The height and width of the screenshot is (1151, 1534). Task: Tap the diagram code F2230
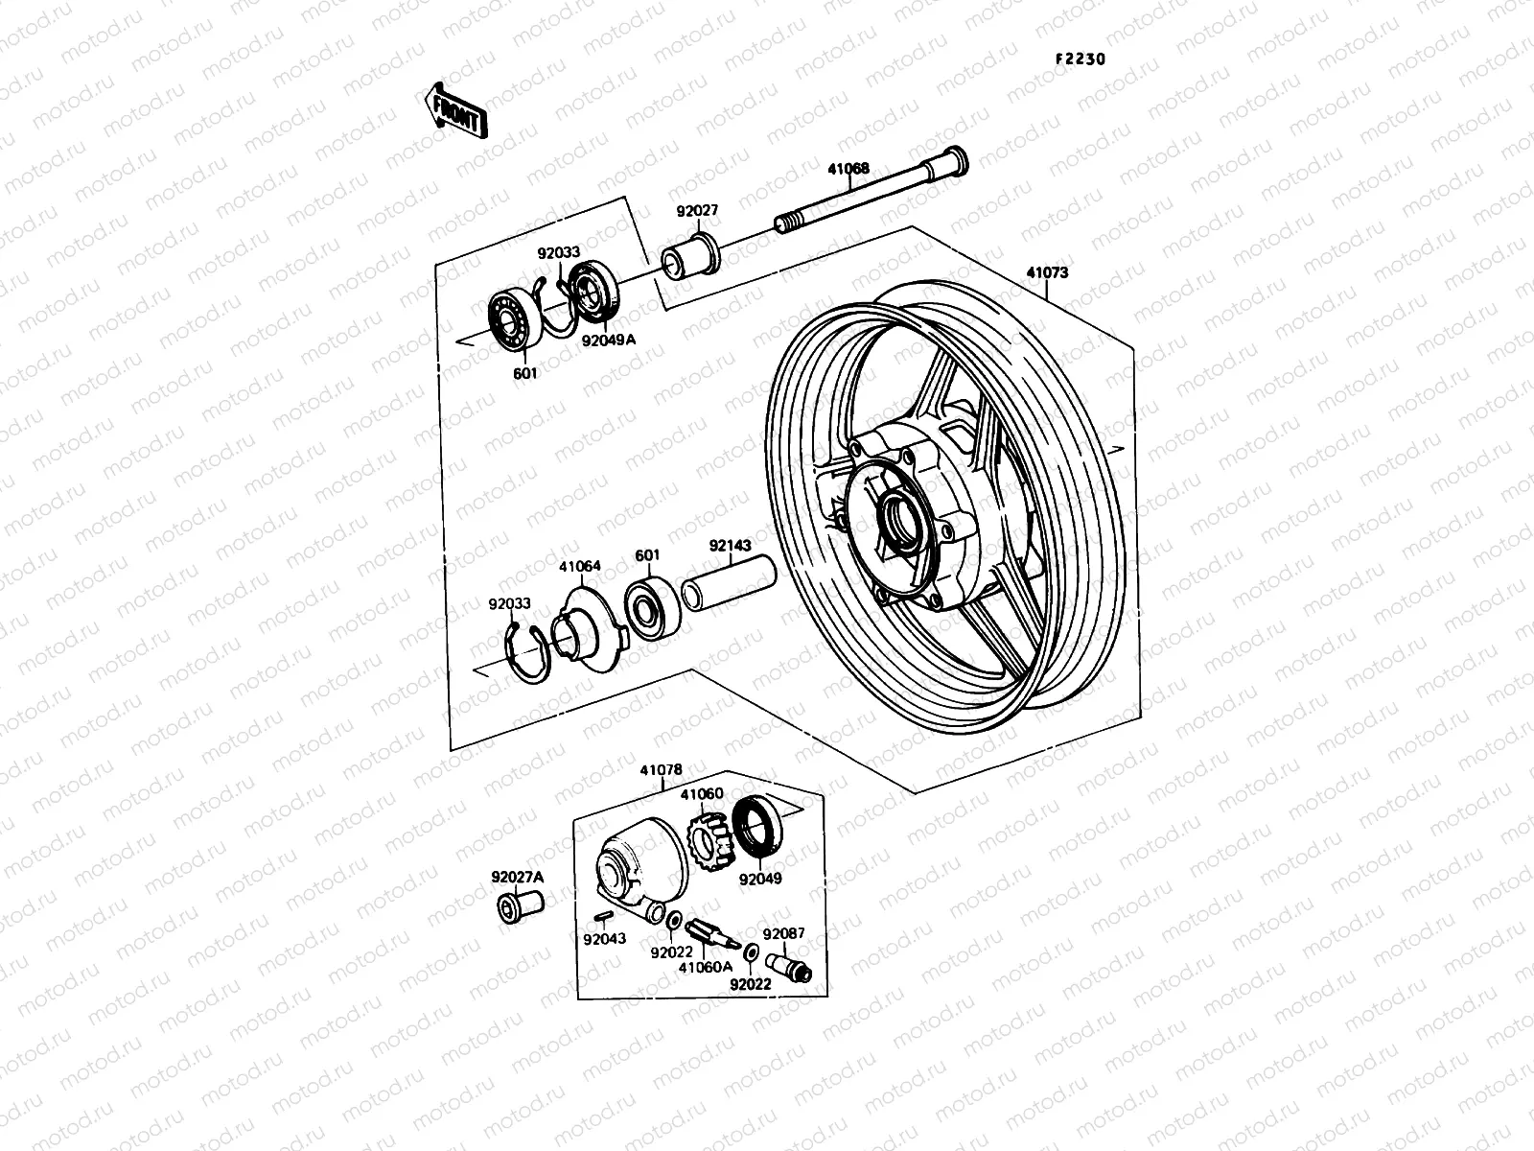[x=1080, y=59]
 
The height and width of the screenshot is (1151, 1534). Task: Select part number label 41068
[x=875, y=169]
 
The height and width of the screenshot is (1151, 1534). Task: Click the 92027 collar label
[x=697, y=211]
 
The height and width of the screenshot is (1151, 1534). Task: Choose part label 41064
[x=580, y=566]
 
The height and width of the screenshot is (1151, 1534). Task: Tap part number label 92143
[x=731, y=544]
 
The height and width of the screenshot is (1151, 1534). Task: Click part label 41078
[x=662, y=770]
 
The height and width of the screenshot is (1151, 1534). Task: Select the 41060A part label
[x=705, y=966]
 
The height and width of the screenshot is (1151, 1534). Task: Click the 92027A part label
[x=517, y=877]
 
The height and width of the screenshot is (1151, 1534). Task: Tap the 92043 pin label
[x=604, y=938]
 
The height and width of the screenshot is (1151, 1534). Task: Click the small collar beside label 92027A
[x=520, y=904]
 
